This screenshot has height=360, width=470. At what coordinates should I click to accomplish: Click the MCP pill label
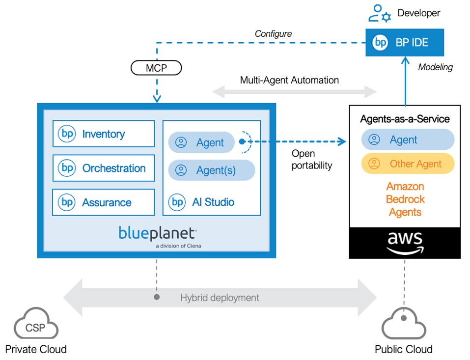[x=156, y=68]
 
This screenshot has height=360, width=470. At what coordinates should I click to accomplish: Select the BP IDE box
[x=404, y=43]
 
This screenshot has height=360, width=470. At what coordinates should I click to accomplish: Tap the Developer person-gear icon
[x=380, y=13]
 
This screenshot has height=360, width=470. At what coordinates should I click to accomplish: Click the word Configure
[x=273, y=34]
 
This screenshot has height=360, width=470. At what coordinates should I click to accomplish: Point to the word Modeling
[x=435, y=67]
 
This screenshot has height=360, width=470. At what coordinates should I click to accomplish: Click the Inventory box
[x=103, y=134]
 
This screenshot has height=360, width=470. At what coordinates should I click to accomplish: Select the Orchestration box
[x=103, y=168]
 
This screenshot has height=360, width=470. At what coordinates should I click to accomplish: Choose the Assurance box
[x=103, y=202]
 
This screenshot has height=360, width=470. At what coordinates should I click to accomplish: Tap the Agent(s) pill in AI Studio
[x=212, y=170]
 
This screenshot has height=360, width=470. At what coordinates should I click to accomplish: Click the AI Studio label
[x=212, y=202]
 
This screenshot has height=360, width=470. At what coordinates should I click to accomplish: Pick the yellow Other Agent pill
[x=408, y=164]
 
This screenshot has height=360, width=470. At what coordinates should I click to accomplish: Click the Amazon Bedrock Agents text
[x=405, y=199]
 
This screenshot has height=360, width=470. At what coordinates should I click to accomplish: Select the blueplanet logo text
[x=157, y=233]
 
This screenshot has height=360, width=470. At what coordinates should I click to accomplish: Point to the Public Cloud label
[x=403, y=349]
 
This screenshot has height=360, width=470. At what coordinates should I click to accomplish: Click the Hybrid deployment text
[x=220, y=298]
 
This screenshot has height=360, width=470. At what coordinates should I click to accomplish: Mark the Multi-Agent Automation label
[x=289, y=80]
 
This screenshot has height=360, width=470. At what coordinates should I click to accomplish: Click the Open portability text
[x=311, y=160]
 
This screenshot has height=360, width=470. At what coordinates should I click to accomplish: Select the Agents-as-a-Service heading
[x=405, y=119]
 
